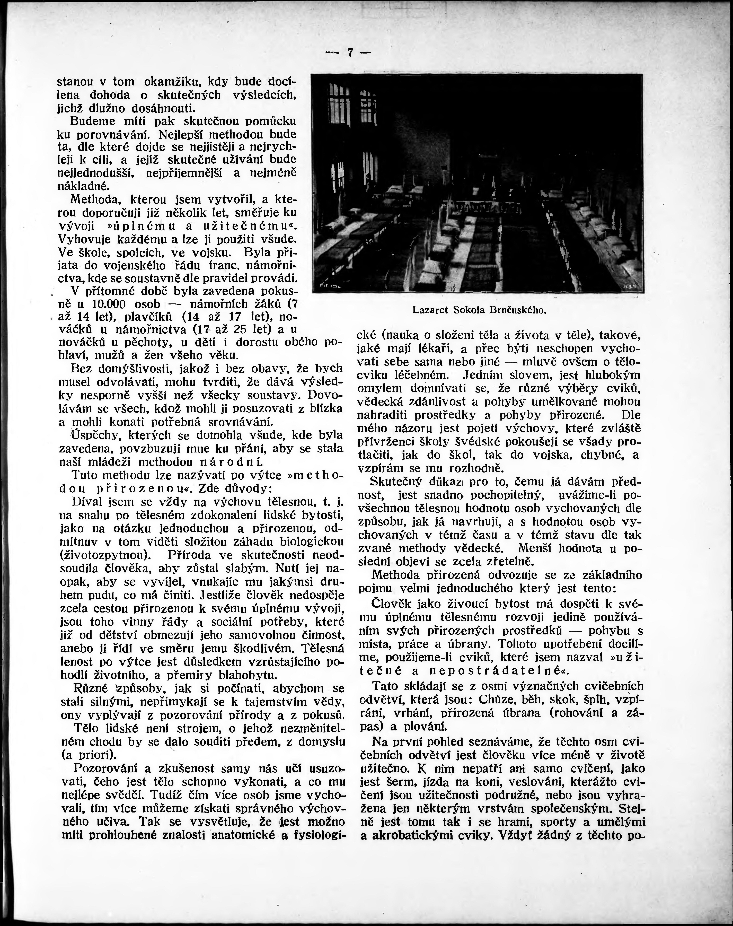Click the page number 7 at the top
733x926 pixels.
click(x=350, y=53)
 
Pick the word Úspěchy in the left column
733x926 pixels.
click(x=88, y=435)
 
